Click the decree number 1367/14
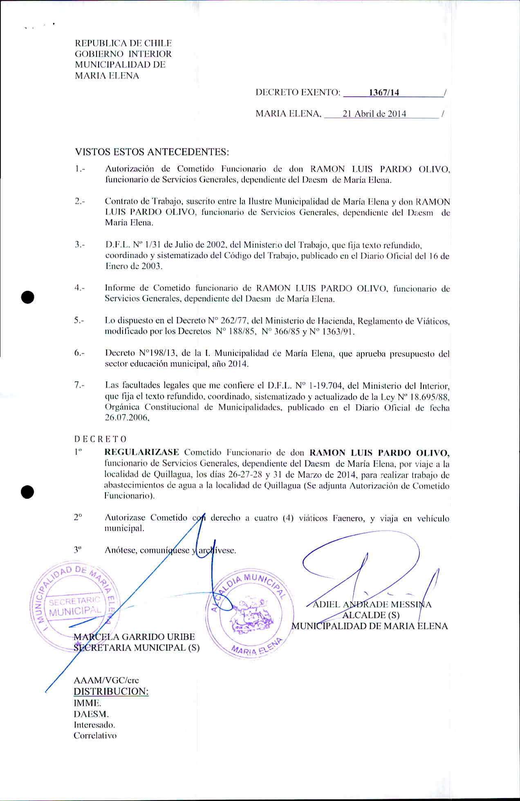coord(384,92)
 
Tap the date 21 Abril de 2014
coord(374,114)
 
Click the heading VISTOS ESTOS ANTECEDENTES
coord(152,152)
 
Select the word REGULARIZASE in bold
coord(142,453)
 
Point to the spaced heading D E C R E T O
coord(101,439)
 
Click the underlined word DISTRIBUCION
coord(111,692)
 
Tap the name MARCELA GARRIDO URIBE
coord(134,636)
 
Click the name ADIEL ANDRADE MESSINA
coord(372,605)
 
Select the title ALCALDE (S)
coord(371,615)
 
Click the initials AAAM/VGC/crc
coord(106,681)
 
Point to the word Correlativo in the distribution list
coord(95,736)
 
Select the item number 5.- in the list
coord(79,321)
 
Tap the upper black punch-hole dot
coord(27,297)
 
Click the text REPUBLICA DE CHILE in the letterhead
coord(123,43)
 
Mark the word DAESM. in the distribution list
coord(91,714)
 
